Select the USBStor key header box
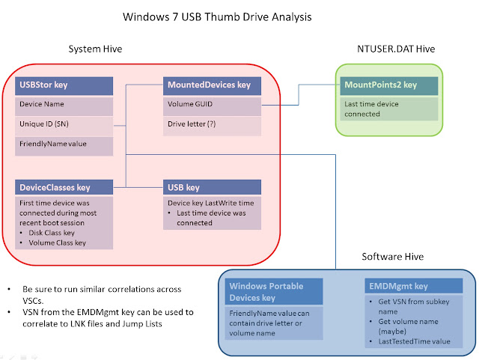tap(64, 86)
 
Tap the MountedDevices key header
tap(213, 86)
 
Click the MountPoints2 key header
tap(388, 86)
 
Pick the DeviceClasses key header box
tap(64, 187)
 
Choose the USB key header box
tap(213, 187)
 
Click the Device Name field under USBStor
tap(43, 105)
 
